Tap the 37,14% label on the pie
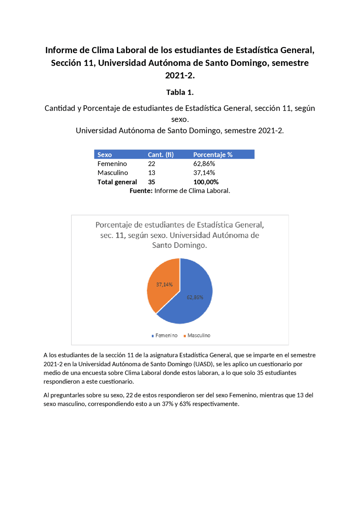pyautogui.click(x=164, y=284)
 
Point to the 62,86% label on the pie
pyautogui.click(x=195, y=297)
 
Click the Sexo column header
pyautogui.click(x=105, y=155)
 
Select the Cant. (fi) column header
pyautogui.click(x=161, y=155)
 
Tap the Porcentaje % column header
pyautogui.click(x=213, y=155)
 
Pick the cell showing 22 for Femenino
pyautogui.click(x=152, y=164)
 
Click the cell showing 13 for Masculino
pyautogui.click(x=152, y=173)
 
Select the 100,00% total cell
pyautogui.click(x=206, y=182)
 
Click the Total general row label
pyautogui.click(x=117, y=182)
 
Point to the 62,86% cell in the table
pyautogui.click(x=204, y=164)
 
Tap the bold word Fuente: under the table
pyautogui.click(x=141, y=191)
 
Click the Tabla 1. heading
pyautogui.click(x=180, y=92)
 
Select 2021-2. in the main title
pyautogui.click(x=180, y=75)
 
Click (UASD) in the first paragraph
pyautogui.click(x=204, y=364)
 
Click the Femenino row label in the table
pyautogui.click(x=112, y=164)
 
